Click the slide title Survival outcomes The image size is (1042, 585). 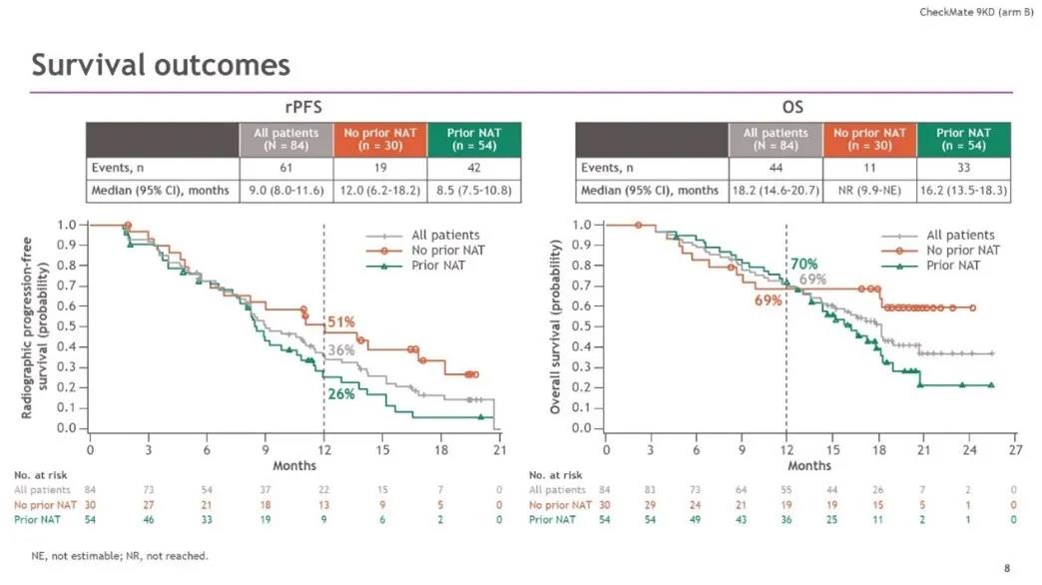tap(161, 65)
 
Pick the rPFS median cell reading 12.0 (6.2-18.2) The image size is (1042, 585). tap(383, 190)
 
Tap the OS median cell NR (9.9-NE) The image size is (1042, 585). tap(868, 190)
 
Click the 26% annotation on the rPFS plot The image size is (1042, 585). tap(341, 393)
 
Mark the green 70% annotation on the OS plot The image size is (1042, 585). tap(803, 265)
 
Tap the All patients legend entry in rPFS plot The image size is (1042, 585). tap(445, 236)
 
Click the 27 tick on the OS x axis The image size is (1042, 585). tap(1013, 450)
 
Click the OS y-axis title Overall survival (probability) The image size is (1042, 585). tap(556, 325)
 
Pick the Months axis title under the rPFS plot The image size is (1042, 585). tap(294, 465)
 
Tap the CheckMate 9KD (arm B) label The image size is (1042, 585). tap(975, 11)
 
